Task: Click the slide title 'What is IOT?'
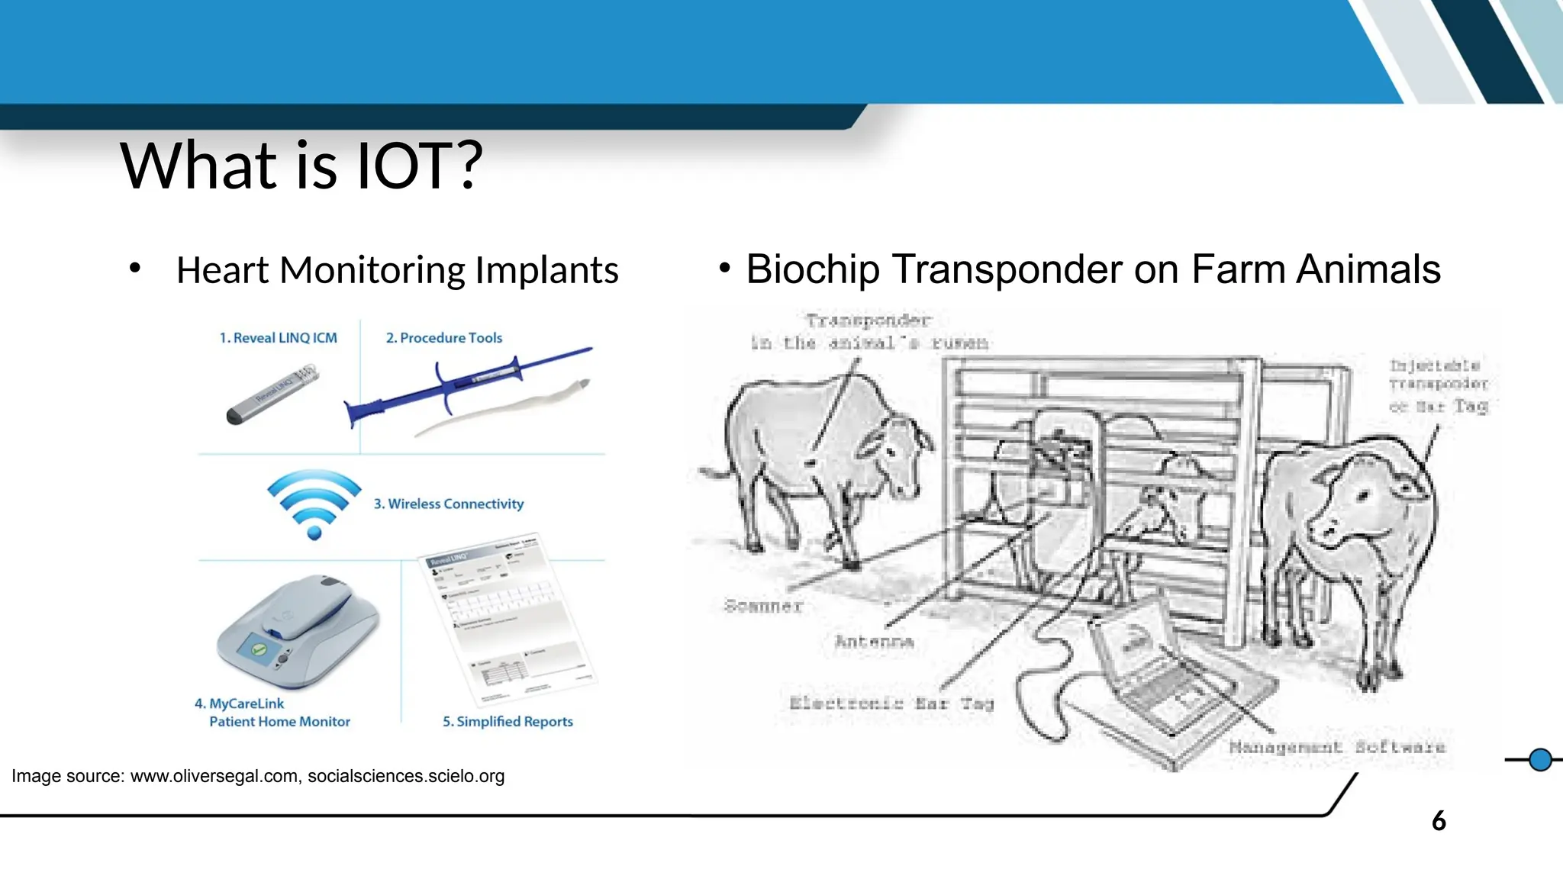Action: coord(301,166)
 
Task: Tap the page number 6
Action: coord(1439,822)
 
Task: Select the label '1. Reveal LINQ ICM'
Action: coord(278,338)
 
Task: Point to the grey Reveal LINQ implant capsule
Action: coord(273,394)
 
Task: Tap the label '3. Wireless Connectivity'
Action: coord(449,504)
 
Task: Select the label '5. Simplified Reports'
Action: coord(508,722)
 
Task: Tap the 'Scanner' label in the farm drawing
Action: coord(763,607)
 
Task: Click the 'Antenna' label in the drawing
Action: coord(875,642)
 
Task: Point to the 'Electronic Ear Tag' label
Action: coord(891,704)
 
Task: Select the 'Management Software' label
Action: coord(1337,748)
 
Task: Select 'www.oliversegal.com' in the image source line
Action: coord(214,777)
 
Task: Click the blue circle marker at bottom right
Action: coord(1540,760)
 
